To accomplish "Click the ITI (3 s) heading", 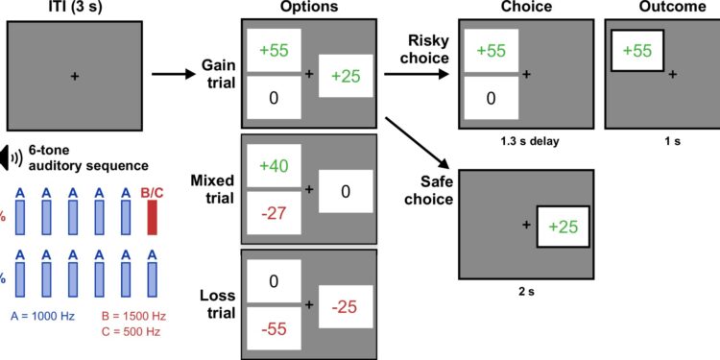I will point(73,9).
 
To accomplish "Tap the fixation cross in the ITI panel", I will point(74,75).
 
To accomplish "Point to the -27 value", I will point(275,212).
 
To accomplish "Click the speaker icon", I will point(12,157).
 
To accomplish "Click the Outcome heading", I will point(659,9).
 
